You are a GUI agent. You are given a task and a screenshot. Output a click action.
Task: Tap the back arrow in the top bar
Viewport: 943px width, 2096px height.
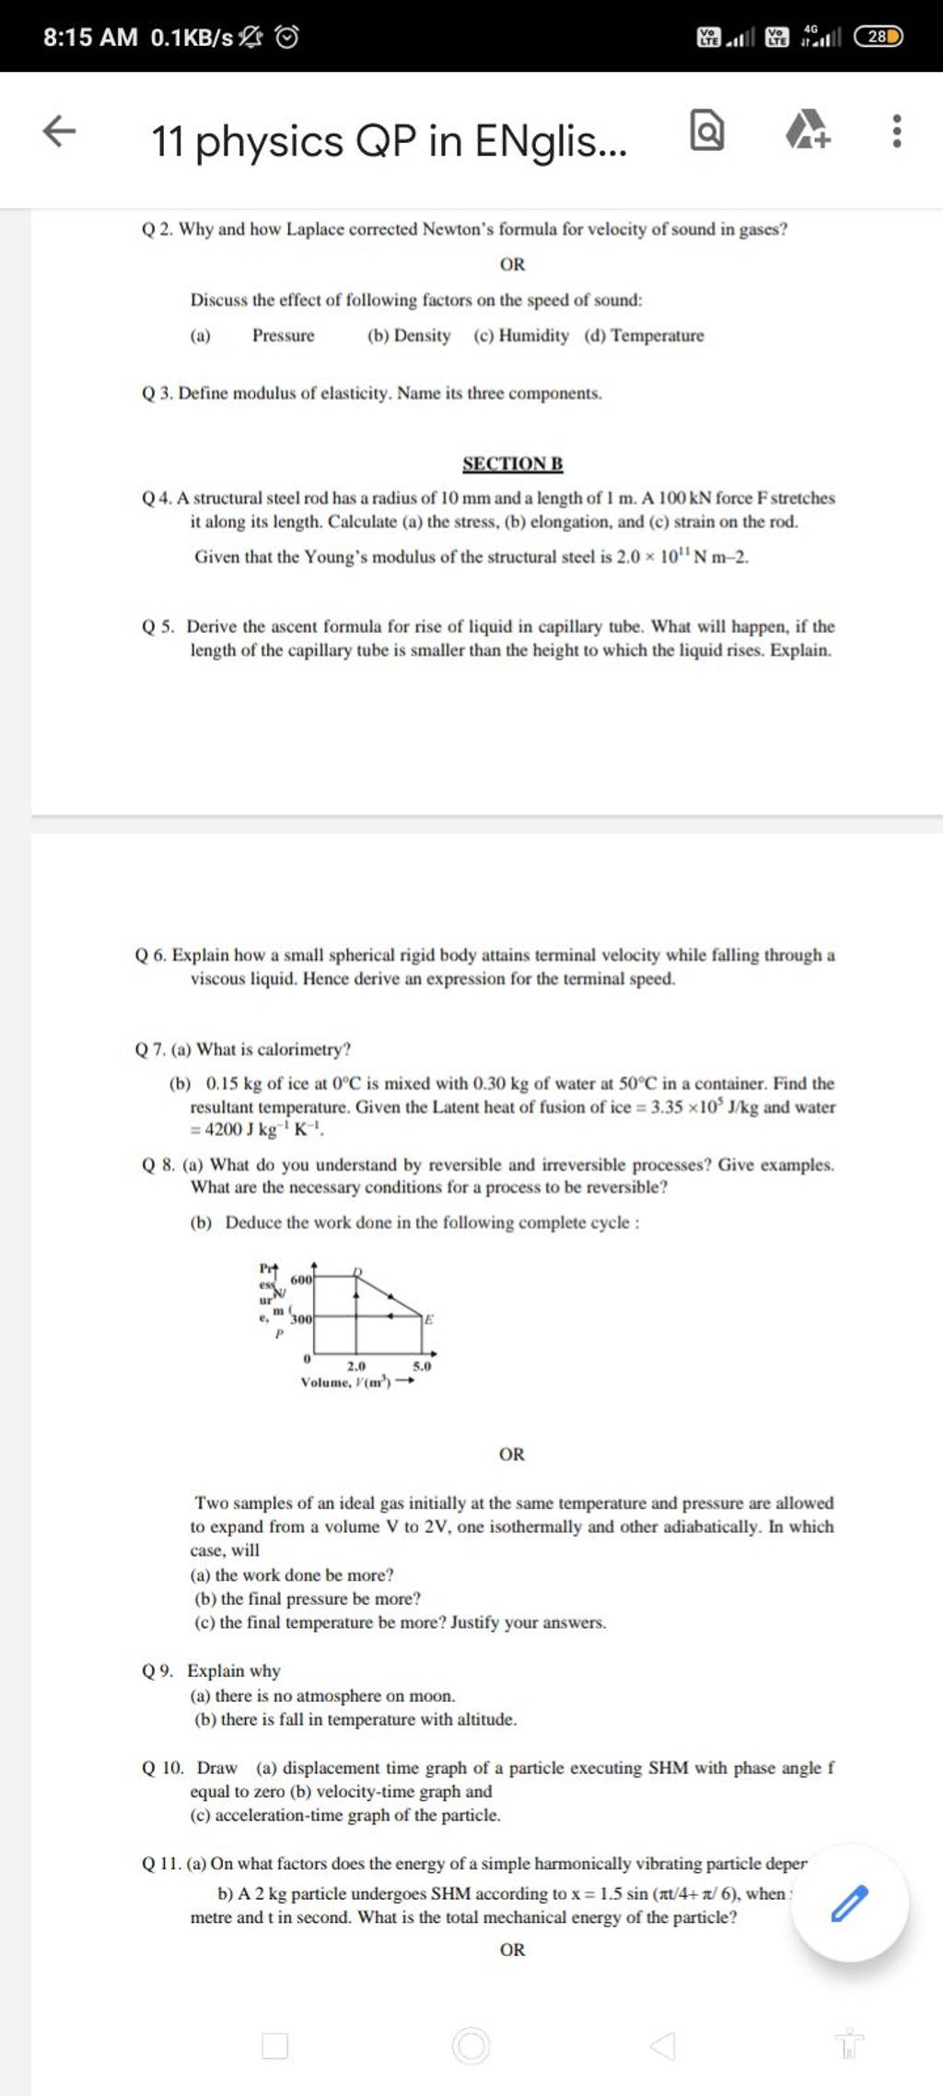(x=60, y=132)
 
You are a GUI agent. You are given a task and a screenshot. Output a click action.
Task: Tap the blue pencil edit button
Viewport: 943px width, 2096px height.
(x=849, y=1903)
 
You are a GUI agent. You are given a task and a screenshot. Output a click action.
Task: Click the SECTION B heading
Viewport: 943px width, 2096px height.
(x=512, y=463)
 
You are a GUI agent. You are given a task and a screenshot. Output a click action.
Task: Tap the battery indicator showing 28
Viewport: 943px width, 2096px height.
(x=879, y=37)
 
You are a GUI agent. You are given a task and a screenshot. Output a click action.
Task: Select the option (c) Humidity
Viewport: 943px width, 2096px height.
(x=521, y=335)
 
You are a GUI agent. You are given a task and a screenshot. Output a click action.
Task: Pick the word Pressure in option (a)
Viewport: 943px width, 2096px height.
(x=284, y=335)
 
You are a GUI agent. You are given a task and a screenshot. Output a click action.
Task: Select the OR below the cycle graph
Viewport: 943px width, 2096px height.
(x=512, y=1454)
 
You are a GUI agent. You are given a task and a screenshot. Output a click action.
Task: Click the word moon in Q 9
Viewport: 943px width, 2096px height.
(x=431, y=1695)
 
